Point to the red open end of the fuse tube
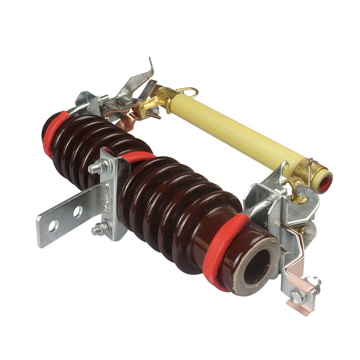point(324,183)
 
